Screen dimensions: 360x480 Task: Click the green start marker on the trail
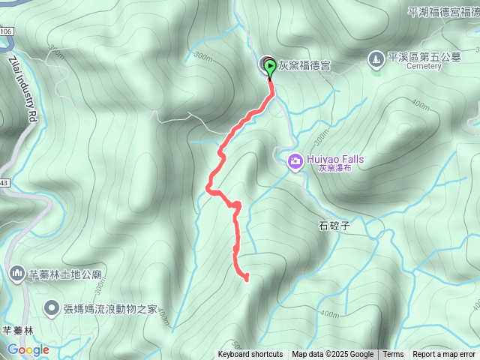270,67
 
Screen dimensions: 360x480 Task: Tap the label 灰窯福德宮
304,65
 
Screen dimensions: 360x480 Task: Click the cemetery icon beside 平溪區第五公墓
376,58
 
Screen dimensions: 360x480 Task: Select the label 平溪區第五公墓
424,56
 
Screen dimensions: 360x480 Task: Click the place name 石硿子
334,224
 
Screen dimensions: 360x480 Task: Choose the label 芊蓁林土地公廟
65,274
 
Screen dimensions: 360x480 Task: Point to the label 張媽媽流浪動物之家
111,308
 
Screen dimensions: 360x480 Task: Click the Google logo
28,349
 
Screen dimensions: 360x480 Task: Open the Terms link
393,355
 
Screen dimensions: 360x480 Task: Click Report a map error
444,355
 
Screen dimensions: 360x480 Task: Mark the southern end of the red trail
246,279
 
